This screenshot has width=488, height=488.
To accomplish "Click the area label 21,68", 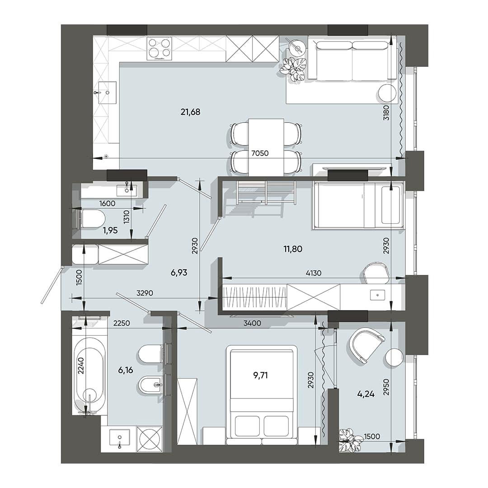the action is [x=190, y=112].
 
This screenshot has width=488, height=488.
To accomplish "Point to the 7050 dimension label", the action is [x=260, y=153].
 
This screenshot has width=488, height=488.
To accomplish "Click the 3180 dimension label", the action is [x=386, y=113].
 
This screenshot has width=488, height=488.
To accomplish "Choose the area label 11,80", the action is [x=293, y=249].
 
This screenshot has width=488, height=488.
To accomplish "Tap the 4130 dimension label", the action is [x=314, y=273].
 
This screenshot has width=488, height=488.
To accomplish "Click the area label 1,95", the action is [x=110, y=230].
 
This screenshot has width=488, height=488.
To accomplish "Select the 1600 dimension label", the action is [x=107, y=203].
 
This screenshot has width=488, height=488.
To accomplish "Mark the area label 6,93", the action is [x=179, y=272].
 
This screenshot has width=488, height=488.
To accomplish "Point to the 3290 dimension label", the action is [x=145, y=293].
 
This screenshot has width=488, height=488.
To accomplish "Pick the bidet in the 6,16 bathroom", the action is [x=150, y=385].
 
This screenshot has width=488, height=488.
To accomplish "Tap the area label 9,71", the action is [x=261, y=375].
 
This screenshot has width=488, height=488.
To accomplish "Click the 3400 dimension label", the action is [x=252, y=324].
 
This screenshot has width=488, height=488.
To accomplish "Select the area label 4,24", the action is [x=366, y=394].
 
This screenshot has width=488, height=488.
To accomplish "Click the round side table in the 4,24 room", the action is [x=394, y=357].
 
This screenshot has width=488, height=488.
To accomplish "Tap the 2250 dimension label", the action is [x=122, y=324].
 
